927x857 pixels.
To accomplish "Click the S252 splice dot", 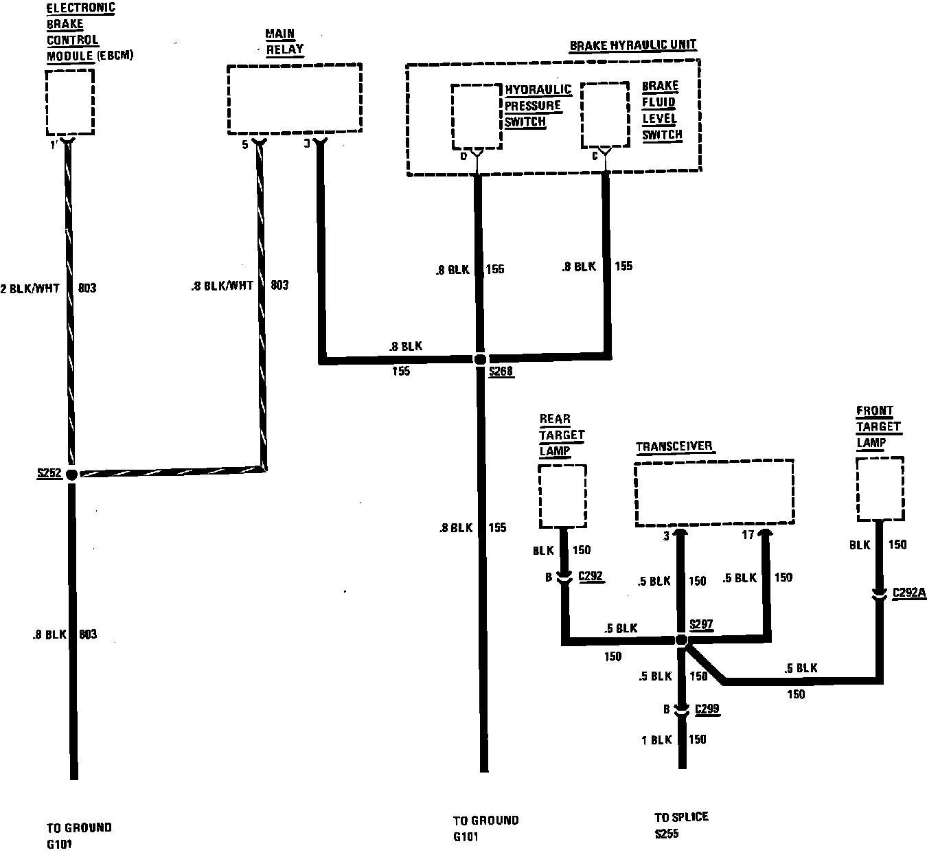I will coord(71,473).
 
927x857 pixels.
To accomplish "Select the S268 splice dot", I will coord(480,359).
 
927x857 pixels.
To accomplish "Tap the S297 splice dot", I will coord(681,640).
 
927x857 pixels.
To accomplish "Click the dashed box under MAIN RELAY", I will coord(295,99).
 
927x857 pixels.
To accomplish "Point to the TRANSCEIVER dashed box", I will coord(714,493).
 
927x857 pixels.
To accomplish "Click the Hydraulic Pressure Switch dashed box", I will coord(476,117).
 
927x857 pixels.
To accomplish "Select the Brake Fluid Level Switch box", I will coord(605,115).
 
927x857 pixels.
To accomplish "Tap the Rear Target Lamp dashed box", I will coord(562,496).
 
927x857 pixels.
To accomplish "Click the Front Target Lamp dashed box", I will coord(879,489).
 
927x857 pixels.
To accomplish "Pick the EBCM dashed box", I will coord(70,102).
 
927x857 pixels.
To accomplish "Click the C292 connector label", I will coord(591,577).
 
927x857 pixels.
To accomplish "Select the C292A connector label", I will coord(909,592).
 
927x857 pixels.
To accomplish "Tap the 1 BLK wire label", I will coord(656,740).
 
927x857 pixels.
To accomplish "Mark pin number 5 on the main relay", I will coord(246,144).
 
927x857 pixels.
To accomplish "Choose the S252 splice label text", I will coord(49,473).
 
